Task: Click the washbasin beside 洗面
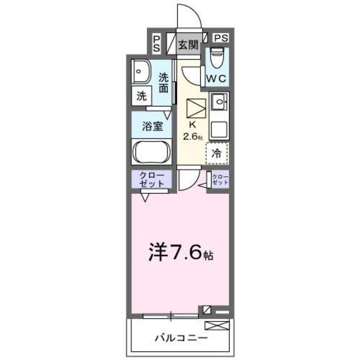[139, 71]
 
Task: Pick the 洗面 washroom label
[163, 83]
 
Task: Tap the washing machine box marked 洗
[141, 96]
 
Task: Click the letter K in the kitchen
[191, 125]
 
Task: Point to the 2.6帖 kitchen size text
[192, 136]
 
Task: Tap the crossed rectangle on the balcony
[217, 325]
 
